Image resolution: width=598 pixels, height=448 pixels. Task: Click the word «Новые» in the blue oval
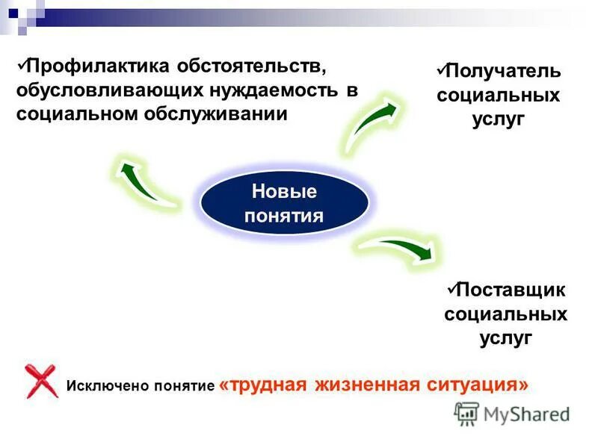pyautogui.click(x=284, y=192)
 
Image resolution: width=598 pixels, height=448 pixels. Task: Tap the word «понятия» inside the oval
pyautogui.click(x=284, y=217)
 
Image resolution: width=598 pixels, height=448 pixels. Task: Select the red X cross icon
pyautogui.click(x=41, y=381)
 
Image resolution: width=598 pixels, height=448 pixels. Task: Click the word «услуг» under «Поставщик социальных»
pyautogui.click(x=505, y=337)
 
